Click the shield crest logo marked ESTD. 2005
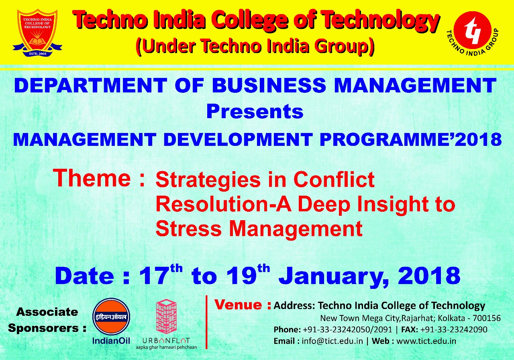(37, 33)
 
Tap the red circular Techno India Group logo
(473, 32)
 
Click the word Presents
(255, 112)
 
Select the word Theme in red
(92, 178)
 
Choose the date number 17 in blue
(153, 275)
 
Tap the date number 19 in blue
(242, 275)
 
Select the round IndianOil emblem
(111, 317)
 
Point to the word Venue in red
(239, 305)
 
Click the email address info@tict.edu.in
(332, 341)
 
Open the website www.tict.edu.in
(426, 341)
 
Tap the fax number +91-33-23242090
(454, 329)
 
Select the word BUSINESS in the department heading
(269, 85)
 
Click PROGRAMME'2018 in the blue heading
(410, 139)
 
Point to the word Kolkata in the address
(450, 318)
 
